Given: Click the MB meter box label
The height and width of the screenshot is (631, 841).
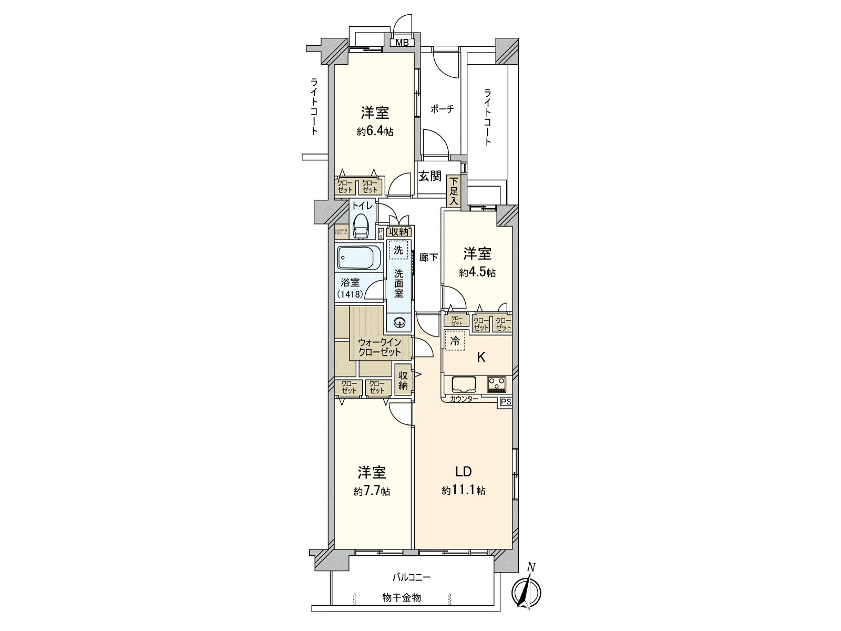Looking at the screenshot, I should pos(402,43).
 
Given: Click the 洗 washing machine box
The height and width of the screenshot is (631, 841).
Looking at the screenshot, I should pos(398,250).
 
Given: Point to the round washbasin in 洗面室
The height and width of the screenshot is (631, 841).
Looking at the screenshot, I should pos(399,322).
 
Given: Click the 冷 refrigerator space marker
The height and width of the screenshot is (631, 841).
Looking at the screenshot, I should pos(455,341).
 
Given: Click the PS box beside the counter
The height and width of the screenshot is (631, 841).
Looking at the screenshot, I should pos(506,402).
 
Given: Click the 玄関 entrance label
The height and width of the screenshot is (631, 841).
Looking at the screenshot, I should pos(430,176).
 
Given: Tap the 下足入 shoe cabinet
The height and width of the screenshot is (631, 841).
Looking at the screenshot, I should pos(453,191).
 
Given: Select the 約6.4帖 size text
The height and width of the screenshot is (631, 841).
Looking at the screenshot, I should pos(375,131).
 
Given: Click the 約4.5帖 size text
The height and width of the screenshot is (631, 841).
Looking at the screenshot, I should pos(477,272).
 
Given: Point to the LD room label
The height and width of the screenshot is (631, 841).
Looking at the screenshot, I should pos(463,471).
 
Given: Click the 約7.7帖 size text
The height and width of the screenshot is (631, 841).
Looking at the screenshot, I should pos(372,491).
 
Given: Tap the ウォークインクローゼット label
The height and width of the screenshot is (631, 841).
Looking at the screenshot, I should pos(380,348).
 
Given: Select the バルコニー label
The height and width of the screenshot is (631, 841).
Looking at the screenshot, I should pos(412,577).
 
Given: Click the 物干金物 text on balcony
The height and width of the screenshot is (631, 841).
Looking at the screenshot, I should pos(402,598).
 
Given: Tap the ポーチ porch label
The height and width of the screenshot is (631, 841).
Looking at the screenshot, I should pos(442,109).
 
